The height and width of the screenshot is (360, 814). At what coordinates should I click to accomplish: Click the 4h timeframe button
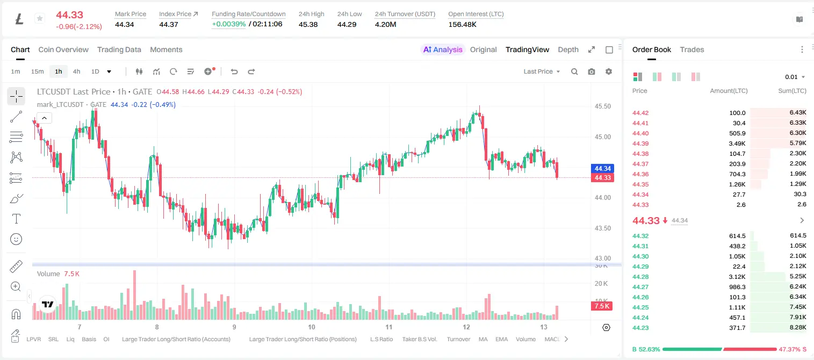tap(76, 71)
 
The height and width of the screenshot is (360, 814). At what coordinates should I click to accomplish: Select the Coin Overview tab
tap(63, 49)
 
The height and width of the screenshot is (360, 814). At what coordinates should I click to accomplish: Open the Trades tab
tap(692, 49)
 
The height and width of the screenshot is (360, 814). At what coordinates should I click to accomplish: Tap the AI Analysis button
tap(443, 49)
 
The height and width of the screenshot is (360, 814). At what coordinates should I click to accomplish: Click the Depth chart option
tap(568, 49)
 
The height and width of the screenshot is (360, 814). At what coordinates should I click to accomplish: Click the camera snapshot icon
tap(592, 71)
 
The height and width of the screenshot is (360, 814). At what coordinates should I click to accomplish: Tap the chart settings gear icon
tap(609, 71)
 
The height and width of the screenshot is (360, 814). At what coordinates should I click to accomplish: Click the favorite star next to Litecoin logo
tap(40, 18)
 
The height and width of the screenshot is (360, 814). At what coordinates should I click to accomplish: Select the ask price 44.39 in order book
tap(640, 143)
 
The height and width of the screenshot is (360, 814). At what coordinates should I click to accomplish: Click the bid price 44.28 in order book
tap(640, 277)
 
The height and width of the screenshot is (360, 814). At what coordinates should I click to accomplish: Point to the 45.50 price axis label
tap(602, 106)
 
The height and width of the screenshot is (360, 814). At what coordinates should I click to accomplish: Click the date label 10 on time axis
tap(312, 327)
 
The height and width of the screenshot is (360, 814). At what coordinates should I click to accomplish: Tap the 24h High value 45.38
tap(308, 24)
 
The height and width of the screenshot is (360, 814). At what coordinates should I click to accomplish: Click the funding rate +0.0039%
tap(228, 24)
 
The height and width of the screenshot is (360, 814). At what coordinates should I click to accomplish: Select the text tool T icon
tap(16, 219)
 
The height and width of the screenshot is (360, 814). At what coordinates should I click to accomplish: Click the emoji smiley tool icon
tap(16, 239)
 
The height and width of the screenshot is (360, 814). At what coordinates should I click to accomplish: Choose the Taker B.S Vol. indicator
tap(420, 339)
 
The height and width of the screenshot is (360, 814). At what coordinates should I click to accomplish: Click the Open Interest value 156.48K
tap(462, 24)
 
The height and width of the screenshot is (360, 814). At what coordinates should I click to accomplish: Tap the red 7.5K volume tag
tap(602, 306)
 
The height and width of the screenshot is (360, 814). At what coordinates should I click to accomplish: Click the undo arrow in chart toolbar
tap(234, 71)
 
